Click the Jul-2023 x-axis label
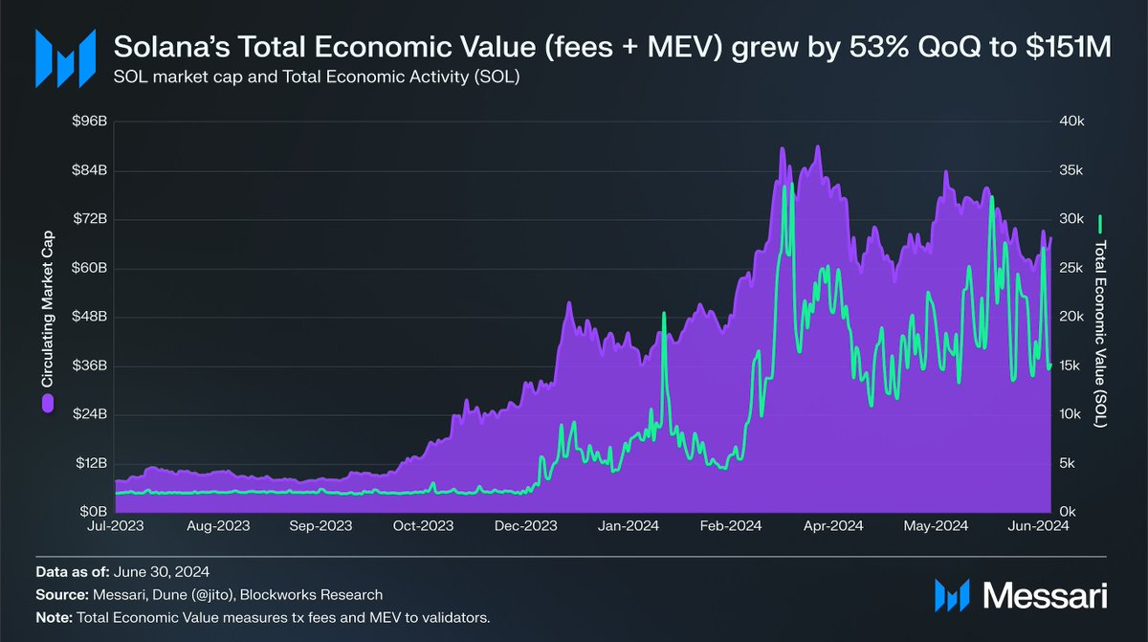[x=117, y=526]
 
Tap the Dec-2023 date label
[x=527, y=526]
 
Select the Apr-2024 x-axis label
[x=833, y=526]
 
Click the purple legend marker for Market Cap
[x=46, y=406]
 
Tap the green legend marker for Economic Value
[x=1100, y=224]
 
